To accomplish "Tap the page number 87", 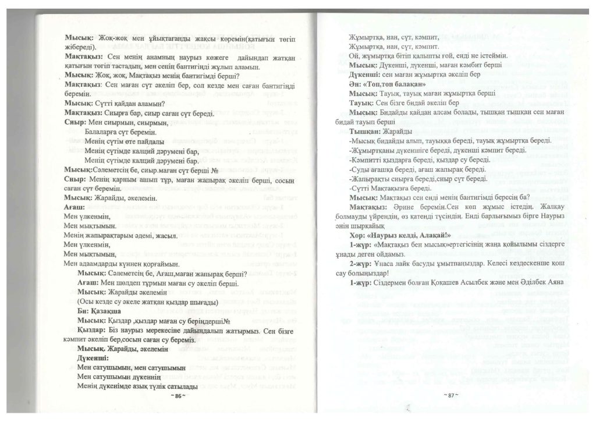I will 450,396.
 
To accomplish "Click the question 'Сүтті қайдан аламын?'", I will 107,102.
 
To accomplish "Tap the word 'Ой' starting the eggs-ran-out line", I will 352,56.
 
